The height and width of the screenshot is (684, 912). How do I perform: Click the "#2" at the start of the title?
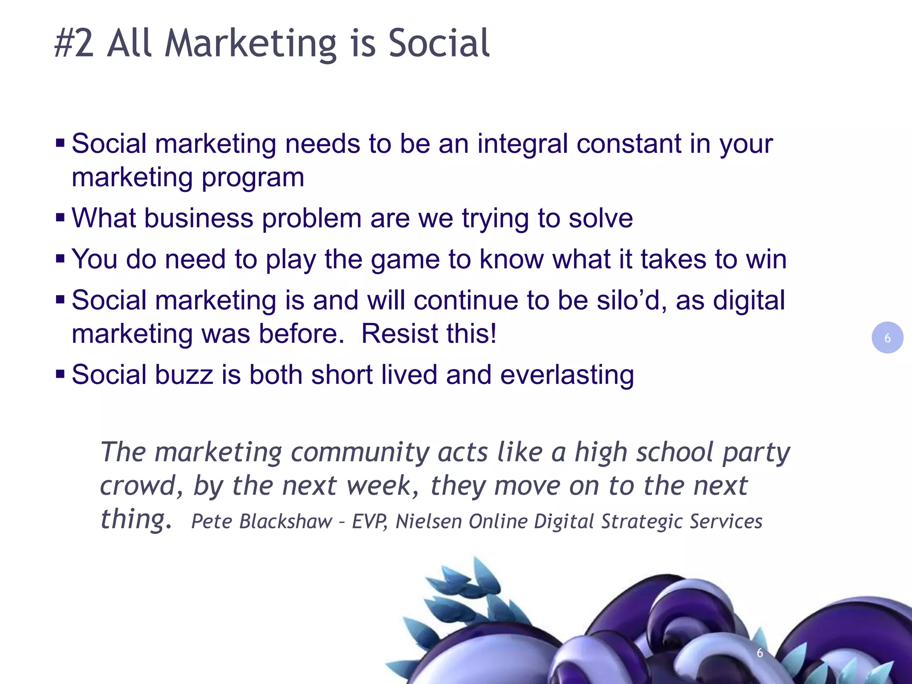tap(74, 44)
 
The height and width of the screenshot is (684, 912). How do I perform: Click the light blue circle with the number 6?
tap(887, 338)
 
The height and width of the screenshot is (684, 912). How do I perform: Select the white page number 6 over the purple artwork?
tap(760, 653)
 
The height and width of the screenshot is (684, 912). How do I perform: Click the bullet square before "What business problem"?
tap(61, 218)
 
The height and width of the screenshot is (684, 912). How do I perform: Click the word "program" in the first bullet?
tap(253, 178)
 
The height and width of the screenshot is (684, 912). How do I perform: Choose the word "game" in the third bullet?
tap(405, 260)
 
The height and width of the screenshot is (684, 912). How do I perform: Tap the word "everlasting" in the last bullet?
tap(566, 375)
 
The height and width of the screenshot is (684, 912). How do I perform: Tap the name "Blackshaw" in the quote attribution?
tap(285, 521)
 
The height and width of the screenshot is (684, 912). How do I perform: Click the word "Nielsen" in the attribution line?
tap(428, 521)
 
